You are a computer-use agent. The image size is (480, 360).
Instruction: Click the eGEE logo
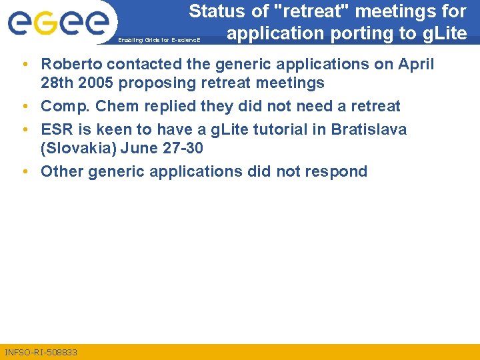click(59, 23)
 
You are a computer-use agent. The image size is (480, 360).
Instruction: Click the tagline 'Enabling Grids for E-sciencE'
click(163, 40)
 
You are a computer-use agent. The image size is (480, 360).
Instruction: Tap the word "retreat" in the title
click(313, 11)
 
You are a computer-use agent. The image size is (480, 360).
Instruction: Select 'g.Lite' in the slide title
click(443, 33)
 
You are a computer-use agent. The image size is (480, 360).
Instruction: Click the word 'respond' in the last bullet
click(336, 171)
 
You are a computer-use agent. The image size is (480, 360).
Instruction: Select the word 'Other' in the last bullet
click(60, 171)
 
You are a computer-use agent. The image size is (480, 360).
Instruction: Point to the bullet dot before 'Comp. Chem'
click(25, 107)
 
